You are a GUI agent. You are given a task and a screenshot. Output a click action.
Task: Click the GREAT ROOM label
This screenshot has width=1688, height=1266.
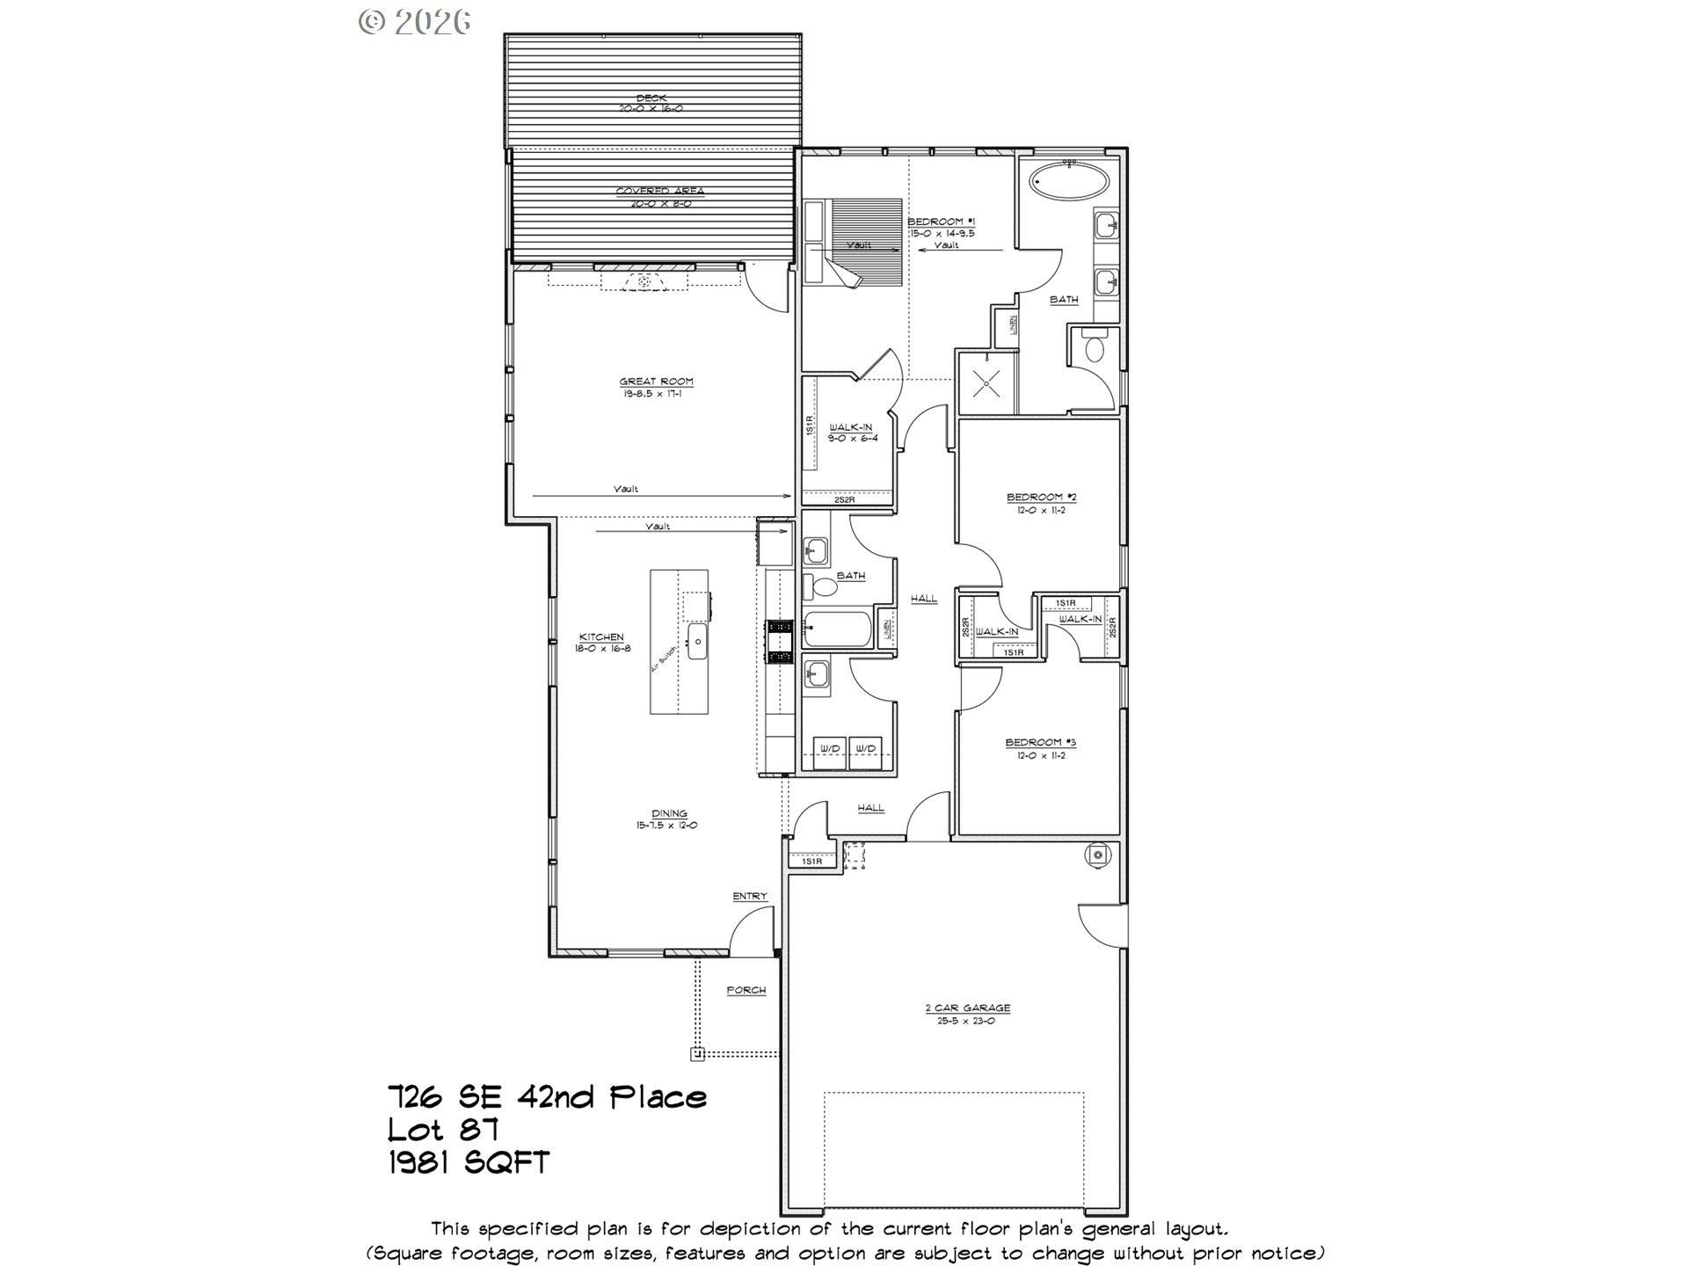point(656,382)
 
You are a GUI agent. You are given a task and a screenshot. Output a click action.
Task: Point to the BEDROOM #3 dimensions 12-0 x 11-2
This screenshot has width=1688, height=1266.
point(1041,755)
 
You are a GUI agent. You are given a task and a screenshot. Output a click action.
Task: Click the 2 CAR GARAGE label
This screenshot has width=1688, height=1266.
point(967,1008)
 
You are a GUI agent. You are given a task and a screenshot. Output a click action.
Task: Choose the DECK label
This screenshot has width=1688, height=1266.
point(651,98)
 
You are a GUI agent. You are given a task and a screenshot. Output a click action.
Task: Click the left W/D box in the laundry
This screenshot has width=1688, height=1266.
point(830,749)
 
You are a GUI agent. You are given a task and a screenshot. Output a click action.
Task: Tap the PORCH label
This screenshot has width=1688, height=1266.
point(746,991)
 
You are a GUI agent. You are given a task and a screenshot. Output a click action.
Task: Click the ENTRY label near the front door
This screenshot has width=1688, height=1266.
point(750,896)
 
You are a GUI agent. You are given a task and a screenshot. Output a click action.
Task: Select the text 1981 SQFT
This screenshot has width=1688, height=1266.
point(469,1162)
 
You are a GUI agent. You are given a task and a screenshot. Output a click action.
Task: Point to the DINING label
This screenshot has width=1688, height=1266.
point(668,813)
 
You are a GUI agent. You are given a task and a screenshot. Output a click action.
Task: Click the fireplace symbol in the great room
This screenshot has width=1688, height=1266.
point(644,281)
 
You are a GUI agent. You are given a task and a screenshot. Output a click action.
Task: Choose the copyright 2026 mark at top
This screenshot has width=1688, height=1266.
point(414,21)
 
